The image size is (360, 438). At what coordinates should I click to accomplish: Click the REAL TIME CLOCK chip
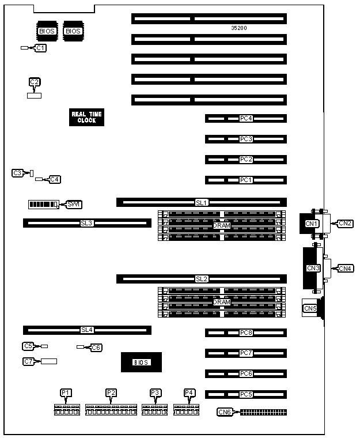click(86, 117)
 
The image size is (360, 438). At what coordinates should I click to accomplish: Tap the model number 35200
click(239, 28)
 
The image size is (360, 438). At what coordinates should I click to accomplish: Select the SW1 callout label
click(74, 205)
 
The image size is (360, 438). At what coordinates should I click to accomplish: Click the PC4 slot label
click(246, 119)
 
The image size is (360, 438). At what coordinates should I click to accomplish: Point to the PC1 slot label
click(246, 180)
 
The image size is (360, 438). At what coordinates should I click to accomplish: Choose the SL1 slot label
click(201, 202)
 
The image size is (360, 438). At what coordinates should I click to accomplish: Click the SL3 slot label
click(86, 222)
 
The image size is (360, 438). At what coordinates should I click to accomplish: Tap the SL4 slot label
click(86, 330)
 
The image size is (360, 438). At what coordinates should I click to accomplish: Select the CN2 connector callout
click(346, 223)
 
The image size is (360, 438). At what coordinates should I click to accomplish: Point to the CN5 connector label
click(310, 308)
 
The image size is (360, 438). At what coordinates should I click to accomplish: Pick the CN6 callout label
click(225, 412)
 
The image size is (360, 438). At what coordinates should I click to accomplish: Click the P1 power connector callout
click(66, 392)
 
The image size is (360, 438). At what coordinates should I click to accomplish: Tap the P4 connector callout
click(190, 392)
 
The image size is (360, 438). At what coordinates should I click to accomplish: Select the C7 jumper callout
click(28, 361)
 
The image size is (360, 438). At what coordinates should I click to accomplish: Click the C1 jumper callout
click(40, 48)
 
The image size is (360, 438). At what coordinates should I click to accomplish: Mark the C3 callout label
click(17, 173)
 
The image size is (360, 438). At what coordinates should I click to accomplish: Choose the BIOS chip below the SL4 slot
click(141, 362)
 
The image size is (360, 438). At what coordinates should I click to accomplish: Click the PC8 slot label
click(246, 333)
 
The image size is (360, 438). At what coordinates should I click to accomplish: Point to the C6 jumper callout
click(96, 348)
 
